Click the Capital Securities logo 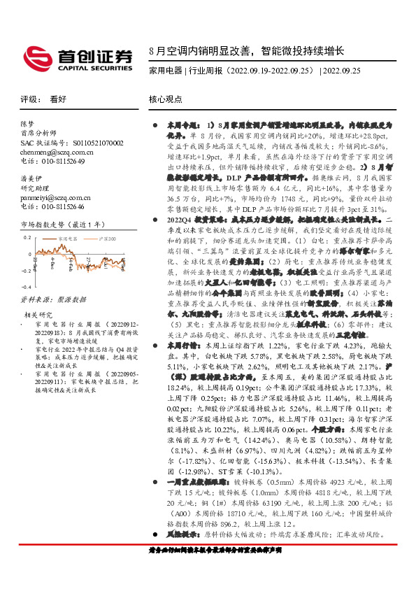coord(78,56)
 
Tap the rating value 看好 coord(58,99)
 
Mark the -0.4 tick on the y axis coord(25,287)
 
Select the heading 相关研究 coord(37,315)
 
